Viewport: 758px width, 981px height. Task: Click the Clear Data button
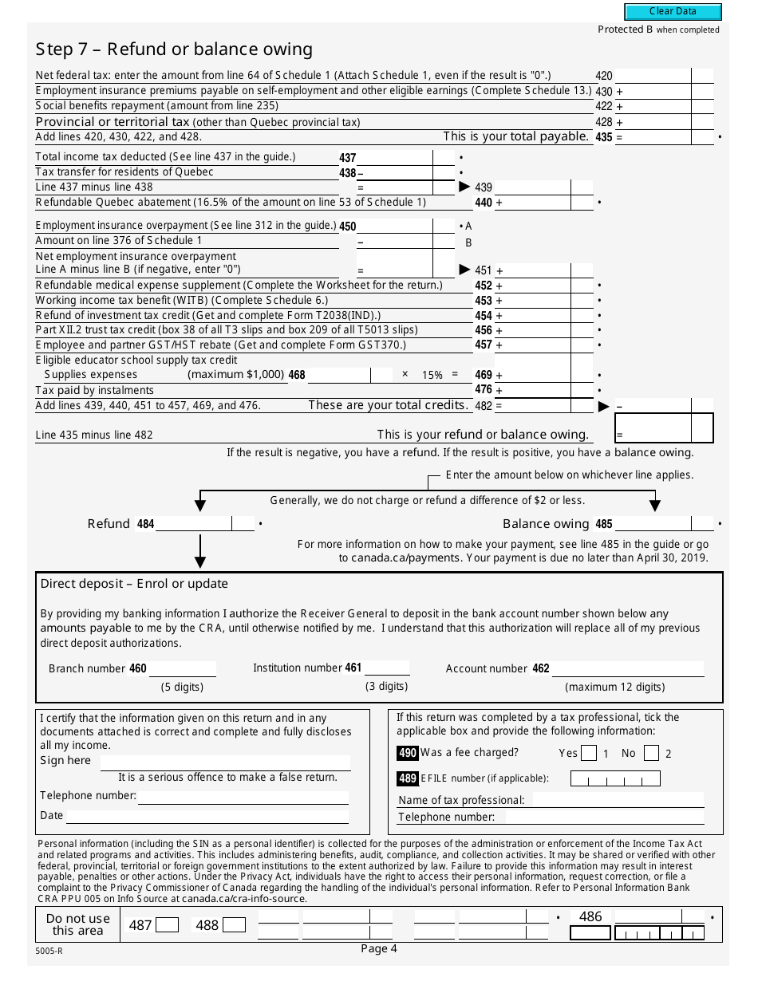point(673,12)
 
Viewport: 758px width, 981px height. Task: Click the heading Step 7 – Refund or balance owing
point(173,49)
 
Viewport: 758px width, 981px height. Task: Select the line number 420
point(603,76)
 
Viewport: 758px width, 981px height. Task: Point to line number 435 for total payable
point(603,137)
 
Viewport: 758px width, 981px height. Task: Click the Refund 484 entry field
point(194,524)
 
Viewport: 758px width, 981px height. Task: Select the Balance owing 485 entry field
point(653,524)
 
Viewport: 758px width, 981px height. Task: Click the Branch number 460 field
point(182,668)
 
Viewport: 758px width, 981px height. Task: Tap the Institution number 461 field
point(387,668)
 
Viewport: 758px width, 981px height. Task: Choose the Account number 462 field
point(628,668)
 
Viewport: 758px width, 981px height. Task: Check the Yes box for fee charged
point(589,753)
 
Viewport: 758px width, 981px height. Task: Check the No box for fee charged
point(651,753)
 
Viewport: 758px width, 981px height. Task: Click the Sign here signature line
point(225,762)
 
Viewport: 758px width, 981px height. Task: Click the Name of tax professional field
point(618,800)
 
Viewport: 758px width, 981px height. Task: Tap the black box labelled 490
point(407,753)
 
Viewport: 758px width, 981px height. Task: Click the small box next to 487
point(167,925)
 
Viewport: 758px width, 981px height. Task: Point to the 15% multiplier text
point(432,375)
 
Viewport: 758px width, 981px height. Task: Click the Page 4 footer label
point(378,948)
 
